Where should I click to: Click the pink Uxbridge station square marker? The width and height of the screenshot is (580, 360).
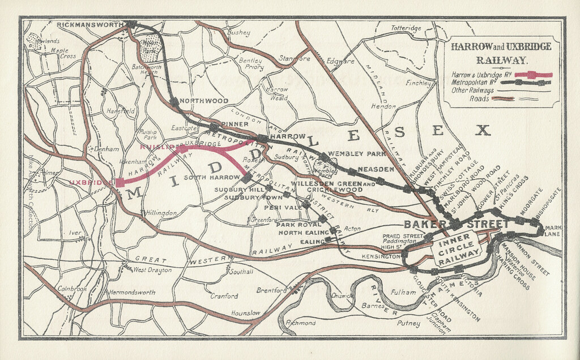pos(120,182)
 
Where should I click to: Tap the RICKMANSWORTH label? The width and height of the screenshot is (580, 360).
pos(91,25)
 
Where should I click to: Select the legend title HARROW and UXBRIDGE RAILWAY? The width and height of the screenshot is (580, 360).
pos(501,53)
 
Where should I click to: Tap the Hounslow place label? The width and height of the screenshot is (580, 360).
pos(246,313)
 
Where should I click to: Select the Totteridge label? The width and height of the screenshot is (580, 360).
pos(406,28)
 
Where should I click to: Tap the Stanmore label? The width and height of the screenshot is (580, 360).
pos(294,58)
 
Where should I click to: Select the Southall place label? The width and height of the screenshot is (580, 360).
pos(241,272)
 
